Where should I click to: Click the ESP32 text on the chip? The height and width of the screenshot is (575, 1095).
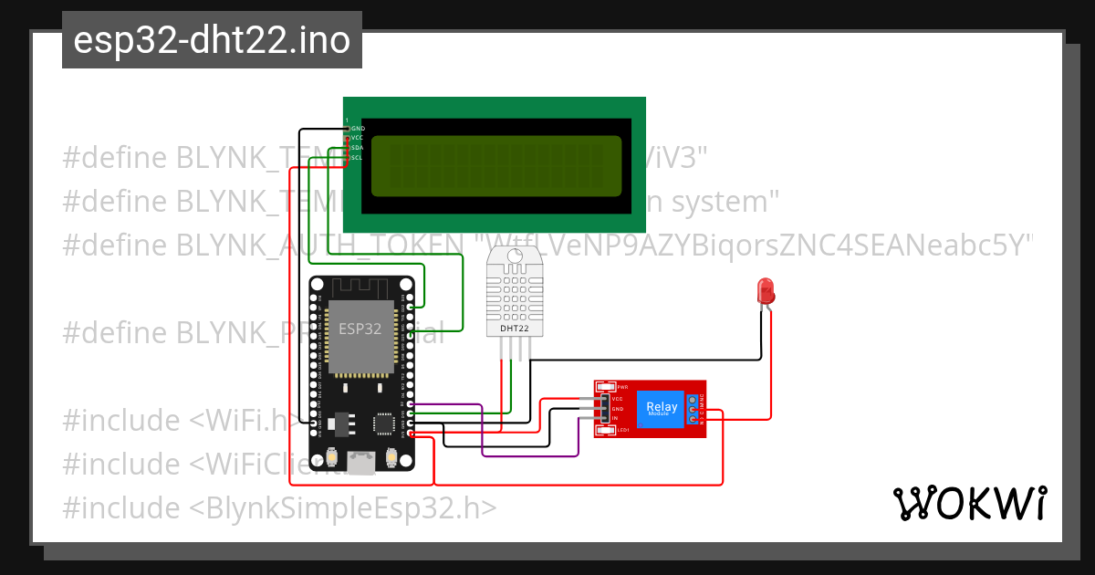[360, 329]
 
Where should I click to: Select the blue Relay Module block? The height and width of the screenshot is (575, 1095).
[662, 408]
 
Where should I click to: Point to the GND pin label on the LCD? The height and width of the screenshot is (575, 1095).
[358, 129]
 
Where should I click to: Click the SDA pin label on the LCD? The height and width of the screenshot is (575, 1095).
[358, 148]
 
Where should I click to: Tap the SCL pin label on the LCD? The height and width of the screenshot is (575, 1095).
[358, 157]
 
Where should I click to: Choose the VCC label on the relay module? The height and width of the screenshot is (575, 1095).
[618, 399]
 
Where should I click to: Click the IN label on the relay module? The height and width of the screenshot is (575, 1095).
[615, 417]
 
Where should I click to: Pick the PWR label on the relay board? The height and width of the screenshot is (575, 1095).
[623, 387]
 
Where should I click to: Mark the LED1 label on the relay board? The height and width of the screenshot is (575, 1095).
[623, 429]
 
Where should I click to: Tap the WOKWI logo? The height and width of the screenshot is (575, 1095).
[969, 503]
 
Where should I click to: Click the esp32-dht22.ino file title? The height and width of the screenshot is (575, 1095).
[212, 40]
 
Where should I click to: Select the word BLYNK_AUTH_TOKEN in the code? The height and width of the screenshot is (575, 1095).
[324, 245]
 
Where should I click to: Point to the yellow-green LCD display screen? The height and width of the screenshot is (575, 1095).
[495, 166]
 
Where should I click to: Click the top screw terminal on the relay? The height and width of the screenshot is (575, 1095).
[693, 400]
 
